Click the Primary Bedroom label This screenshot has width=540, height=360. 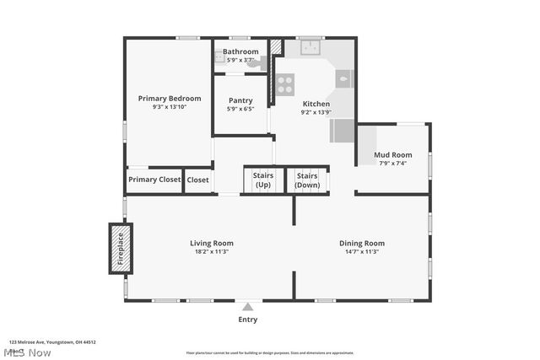coord(170,98)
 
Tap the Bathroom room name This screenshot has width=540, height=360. coord(240,51)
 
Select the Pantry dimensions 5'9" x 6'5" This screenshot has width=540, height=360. coord(240,110)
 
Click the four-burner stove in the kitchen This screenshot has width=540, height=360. coord(285,84)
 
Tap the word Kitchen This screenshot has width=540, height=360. coord(316,104)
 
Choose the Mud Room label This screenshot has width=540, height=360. coord(393,154)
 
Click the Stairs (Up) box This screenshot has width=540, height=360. coord(262,180)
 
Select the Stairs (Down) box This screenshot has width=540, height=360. coord(307,180)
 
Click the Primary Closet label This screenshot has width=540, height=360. coord(154,180)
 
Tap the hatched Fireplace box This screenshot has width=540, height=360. coord(120,248)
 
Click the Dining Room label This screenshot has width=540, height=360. coord(362,243)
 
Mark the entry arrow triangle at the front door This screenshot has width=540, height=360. coord(247,307)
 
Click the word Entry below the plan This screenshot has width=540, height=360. coord(247,320)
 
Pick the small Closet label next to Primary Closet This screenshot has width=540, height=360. coord(197,180)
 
